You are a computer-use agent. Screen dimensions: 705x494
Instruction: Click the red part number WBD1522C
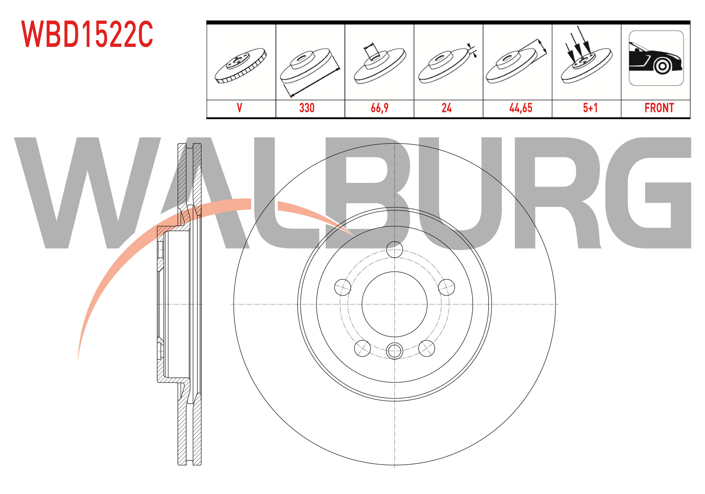(x=87, y=34)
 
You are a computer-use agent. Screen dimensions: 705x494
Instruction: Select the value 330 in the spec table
(x=307, y=108)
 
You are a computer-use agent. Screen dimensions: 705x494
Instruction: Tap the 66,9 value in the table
(x=380, y=108)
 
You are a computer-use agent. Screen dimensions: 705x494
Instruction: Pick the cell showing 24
(x=446, y=108)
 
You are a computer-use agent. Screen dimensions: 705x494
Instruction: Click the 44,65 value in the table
(x=521, y=108)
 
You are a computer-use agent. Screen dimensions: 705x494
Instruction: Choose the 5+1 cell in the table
(x=590, y=108)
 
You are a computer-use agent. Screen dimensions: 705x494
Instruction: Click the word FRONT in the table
(x=659, y=108)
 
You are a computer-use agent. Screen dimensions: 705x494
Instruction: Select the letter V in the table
(x=240, y=108)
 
